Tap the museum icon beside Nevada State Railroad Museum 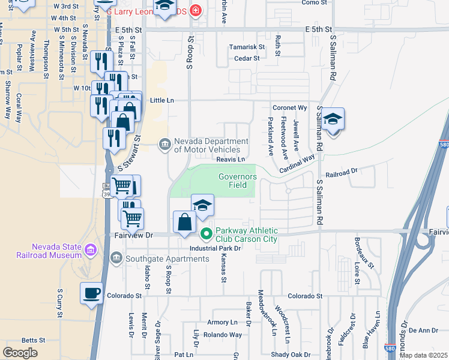pos(91,249)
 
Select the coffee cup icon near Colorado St pos(91,293)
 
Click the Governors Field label pos(237,181)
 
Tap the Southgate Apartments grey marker pos(116,259)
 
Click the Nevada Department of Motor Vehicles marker pos(164,144)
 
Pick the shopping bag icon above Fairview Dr pos(184,223)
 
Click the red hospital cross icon pos(194,10)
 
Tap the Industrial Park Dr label pos(215,248)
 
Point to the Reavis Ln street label pos(231,160)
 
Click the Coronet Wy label pos(290,108)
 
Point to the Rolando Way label pos(222,335)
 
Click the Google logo pos(20,353)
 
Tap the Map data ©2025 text pos(423,355)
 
